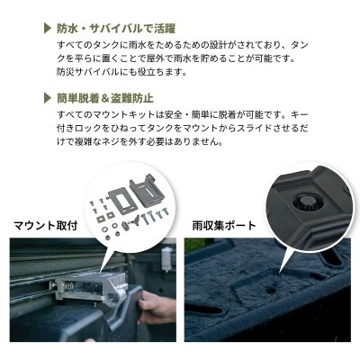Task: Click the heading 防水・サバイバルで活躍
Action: pos(116,28)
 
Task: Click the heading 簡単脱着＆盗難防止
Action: pos(105,98)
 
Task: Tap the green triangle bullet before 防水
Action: pos(48,28)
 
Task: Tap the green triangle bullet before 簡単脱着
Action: pos(48,98)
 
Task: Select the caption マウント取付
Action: pos(46,225)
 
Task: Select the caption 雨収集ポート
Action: pos(224,225)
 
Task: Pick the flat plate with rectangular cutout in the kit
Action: pos(122,199)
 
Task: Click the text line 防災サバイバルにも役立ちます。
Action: pos(121,72)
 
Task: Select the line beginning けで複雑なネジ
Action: pos(139,141)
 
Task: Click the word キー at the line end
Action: pos(300,114)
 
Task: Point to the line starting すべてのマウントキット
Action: pos(183,114)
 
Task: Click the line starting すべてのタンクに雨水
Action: pos(183,45)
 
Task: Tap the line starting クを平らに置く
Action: pos(175,58)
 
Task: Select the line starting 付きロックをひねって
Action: pos(183,128)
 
